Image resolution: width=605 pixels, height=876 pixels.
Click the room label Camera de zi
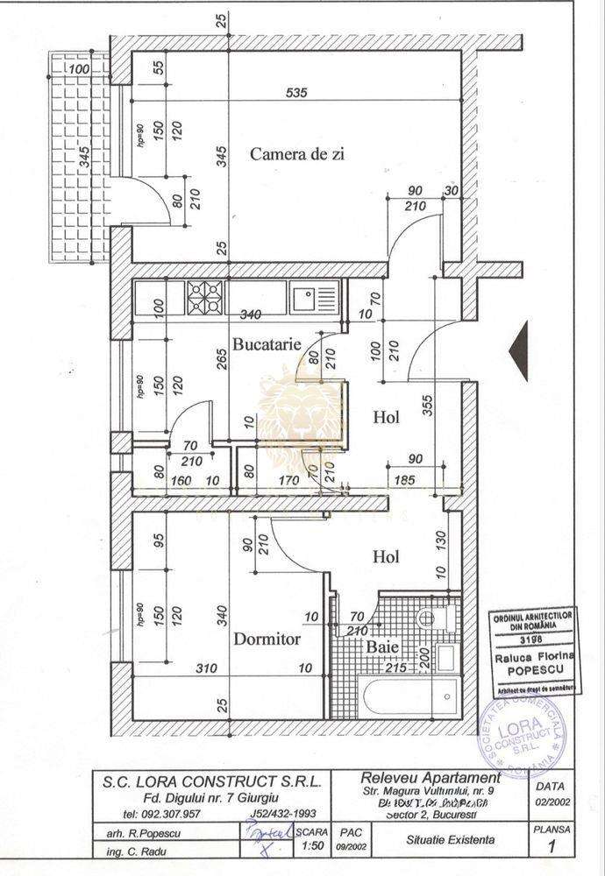(x=296, y=154)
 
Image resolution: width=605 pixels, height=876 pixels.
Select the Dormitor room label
(x=267, y=639)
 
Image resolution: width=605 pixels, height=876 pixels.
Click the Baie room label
(x=383, y=647)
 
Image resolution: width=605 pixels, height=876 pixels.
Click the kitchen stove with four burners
(x=205, y=300)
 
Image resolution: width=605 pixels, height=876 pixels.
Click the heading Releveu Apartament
(x=431, y=777)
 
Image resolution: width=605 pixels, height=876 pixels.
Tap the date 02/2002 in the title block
(x=543, y=802)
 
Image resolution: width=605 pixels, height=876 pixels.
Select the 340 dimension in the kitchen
(x=249, y=314)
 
